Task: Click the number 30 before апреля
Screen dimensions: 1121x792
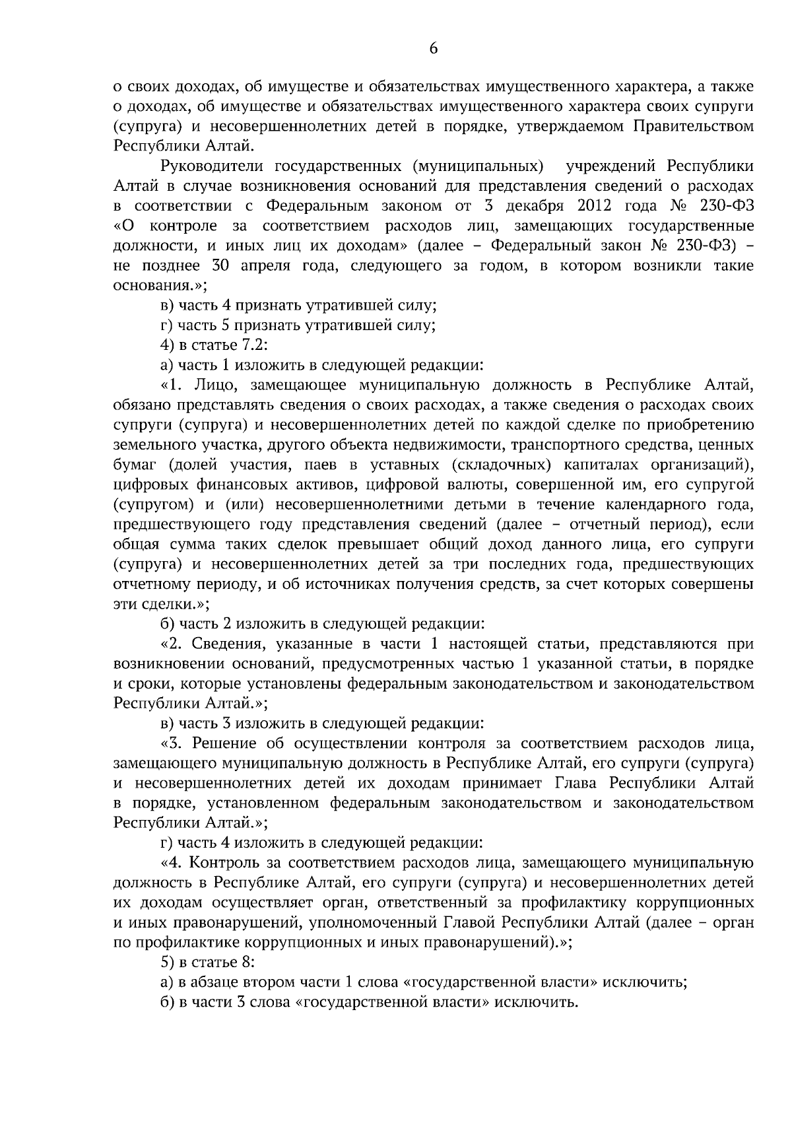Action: tap(220, 265)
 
